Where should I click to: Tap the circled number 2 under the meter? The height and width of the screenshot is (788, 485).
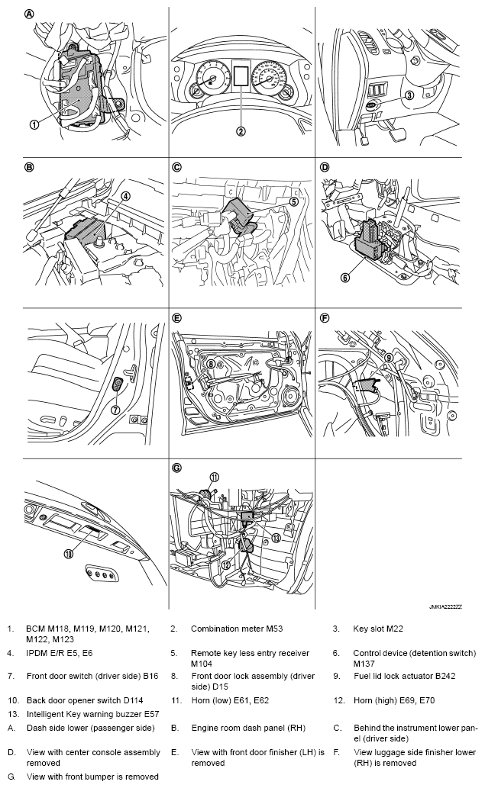click(x=241, y=131)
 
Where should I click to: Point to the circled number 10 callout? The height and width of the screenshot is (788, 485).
click(x=69, y=554)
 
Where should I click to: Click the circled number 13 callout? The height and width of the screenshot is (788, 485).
click(x=275, y=538)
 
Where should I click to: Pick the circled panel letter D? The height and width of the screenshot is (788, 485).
click(x=325, y=167)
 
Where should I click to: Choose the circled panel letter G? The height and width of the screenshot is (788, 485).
click(x=176, y=468)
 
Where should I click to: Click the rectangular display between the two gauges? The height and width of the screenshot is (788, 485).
click(x=241, y=75)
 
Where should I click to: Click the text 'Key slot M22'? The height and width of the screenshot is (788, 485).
click(x=378, y=629)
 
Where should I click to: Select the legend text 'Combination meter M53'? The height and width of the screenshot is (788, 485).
click(x=237, y=629)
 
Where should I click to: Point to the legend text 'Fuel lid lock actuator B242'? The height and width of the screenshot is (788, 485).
click(x=404, y=676)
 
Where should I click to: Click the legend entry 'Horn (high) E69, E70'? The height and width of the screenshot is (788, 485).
click(x=393, y=700)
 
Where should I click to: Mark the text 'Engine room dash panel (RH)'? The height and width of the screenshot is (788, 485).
click(x=248, y=728)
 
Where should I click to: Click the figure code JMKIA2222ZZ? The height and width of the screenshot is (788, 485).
click(x=445, y=606)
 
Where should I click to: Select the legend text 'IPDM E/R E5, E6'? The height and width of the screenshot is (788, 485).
click(x=60, y=653)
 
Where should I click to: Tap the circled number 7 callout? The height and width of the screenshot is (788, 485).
click(x=115, y=410)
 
